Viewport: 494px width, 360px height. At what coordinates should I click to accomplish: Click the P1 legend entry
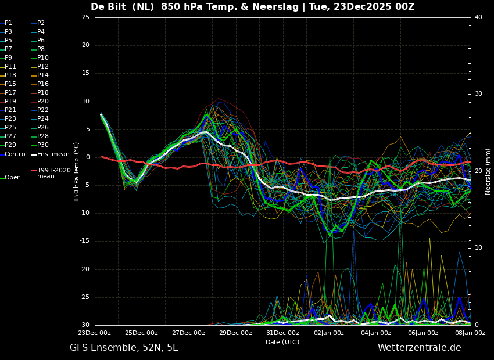(x=8, y=23)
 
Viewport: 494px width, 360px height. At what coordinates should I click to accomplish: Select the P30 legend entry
(x=43, y=145)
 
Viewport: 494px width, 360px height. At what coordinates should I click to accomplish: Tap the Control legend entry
(x=16, y=154)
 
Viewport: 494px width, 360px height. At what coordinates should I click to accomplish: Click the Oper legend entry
(x=12, y=178)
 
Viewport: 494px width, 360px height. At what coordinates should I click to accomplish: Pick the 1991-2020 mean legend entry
(x=53, y=173)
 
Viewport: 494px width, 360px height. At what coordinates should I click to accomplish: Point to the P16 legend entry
(x=43, y=84)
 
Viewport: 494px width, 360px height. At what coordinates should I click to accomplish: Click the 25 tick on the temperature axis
(x=85, y=17)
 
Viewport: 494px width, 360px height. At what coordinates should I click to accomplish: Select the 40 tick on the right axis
(x=478, y=17)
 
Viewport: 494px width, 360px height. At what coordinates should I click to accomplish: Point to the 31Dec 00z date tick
(x=282, y=333)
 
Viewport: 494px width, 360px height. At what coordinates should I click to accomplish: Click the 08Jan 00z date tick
(x=470, y=333)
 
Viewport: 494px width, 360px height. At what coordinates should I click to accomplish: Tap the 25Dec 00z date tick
(x=141, y=333)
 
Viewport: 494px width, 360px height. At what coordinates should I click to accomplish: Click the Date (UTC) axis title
(x=282, y=342)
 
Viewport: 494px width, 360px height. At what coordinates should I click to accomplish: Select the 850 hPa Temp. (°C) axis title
(x=77, y=172)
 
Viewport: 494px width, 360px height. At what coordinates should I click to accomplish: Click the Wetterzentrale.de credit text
(x=419, y=348)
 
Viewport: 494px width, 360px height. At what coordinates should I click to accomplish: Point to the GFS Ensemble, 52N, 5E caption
(x=124, y=348)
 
